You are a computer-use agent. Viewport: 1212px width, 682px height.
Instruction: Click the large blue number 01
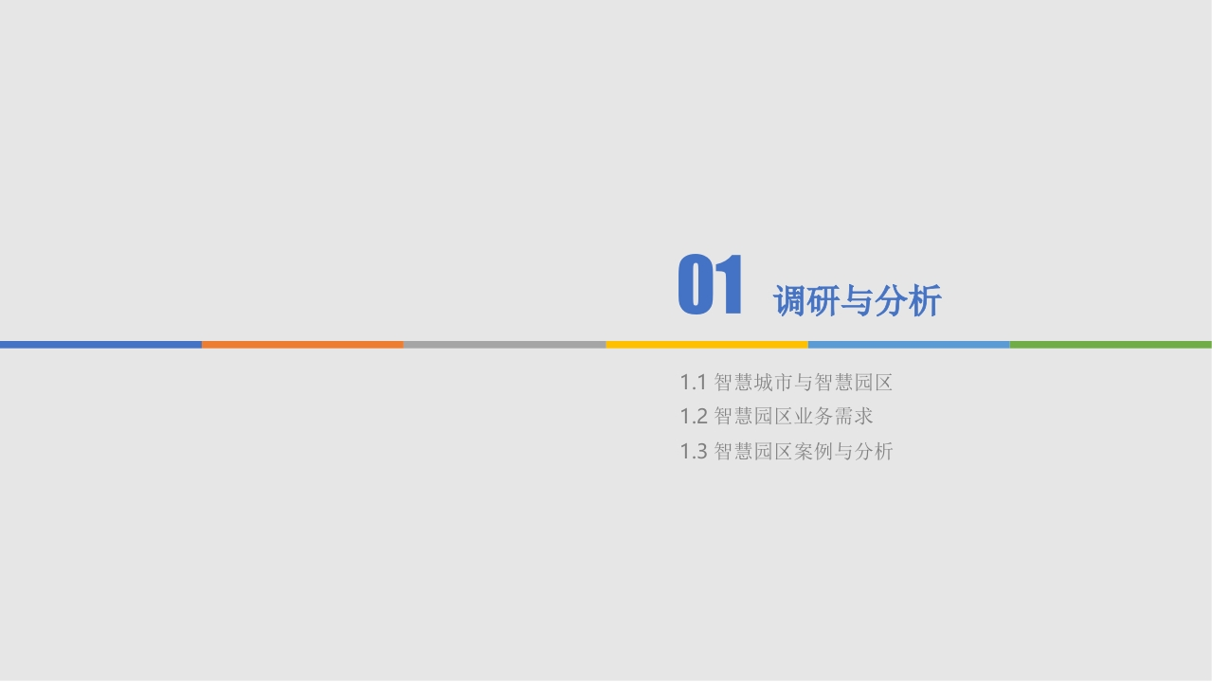[x=710, y=284]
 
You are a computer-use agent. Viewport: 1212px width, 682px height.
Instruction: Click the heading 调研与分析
[x=858, y=300]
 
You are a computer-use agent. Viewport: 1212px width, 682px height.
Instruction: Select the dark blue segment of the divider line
[x=100, y=345]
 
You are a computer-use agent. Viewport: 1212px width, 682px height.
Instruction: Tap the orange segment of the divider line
[x=302, y=345]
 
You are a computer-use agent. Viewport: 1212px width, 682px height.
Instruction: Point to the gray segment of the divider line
[x=505, y=345]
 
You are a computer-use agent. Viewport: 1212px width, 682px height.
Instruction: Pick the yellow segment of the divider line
[x=707, y=345]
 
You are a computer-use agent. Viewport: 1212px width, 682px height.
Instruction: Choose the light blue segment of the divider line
[x=909, y=345]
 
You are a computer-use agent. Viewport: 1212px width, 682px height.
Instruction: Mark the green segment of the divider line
[x=1111, y=345]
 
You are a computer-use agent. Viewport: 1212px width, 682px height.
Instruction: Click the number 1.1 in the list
[x=693, y=383]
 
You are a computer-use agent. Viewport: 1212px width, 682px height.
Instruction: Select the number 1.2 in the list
[x=694, y=417]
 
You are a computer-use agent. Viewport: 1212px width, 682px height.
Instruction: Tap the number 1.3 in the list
[x=694, y=452]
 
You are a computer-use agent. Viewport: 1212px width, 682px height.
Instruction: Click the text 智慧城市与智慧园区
[x=803, y=383]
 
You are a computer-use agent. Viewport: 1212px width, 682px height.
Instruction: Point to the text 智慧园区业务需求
[x=793, y=416]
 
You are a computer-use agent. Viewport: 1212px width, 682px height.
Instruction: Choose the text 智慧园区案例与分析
[x=803, y=451]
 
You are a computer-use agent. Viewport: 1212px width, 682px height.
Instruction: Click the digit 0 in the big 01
[x=696, y=284]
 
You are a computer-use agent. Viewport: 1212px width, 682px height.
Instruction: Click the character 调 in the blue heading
[x=790, y=300]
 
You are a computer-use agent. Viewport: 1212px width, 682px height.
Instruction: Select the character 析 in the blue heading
[x=925, y=300]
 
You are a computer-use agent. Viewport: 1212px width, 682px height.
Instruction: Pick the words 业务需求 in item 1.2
[x=833, y=416]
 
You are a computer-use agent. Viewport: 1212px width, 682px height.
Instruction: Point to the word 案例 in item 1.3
[x=813, y=451]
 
